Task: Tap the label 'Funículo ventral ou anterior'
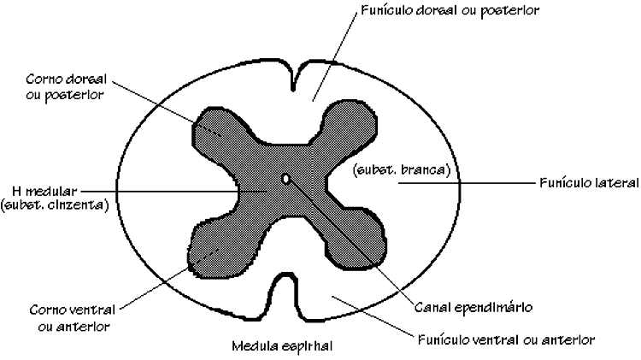(506, 339)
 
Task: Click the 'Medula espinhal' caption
(282, 347)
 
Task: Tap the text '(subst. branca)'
(400, 169)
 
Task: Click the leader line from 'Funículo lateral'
(496, 182)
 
